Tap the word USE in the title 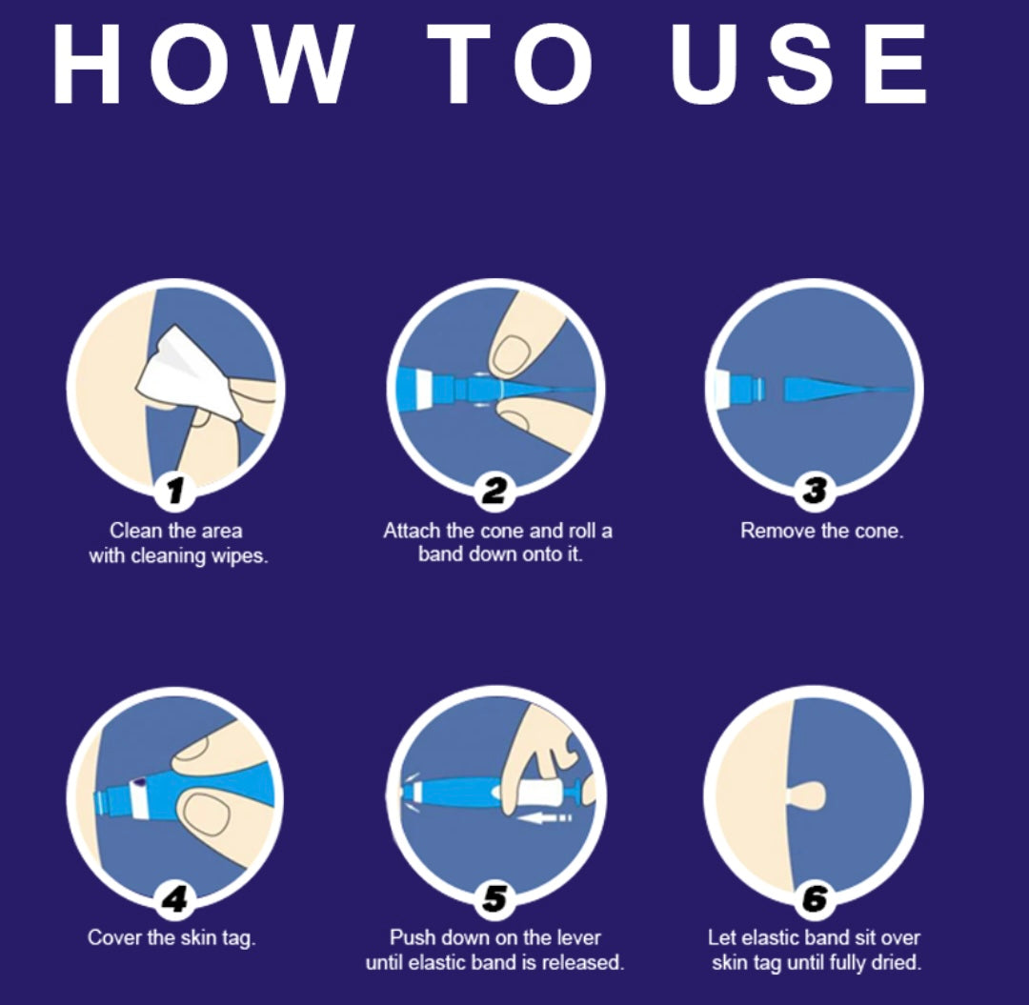pos(799,64)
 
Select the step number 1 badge pos(174,490)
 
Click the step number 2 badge pos(494,490)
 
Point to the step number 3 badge pos(815,490)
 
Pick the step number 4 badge pos(174,897)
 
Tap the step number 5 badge pos(494,897)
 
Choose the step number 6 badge pos(815,897)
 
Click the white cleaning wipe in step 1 pos(187,374)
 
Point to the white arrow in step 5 pos(543,817)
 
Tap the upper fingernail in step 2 pos(512,354)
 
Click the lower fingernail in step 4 pos(207,814)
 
